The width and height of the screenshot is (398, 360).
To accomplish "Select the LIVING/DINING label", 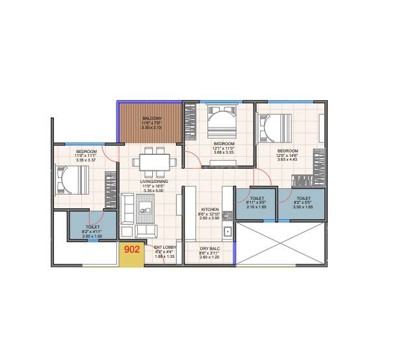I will (155, 183).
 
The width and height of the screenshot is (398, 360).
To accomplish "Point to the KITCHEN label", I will (210, 210).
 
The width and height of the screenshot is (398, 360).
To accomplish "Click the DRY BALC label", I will (209, 248).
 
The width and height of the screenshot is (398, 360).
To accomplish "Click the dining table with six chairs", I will (155, 160).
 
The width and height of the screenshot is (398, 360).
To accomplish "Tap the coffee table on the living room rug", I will (144, 209).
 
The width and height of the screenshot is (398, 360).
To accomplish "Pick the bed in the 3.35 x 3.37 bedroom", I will (72, 178).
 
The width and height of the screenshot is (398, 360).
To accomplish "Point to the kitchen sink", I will (227, 232).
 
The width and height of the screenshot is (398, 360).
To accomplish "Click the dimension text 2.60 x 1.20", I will (209, 256).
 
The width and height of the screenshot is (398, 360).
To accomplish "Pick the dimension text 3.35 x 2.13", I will (152, 128).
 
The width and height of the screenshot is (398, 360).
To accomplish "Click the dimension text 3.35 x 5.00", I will (155, 192).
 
